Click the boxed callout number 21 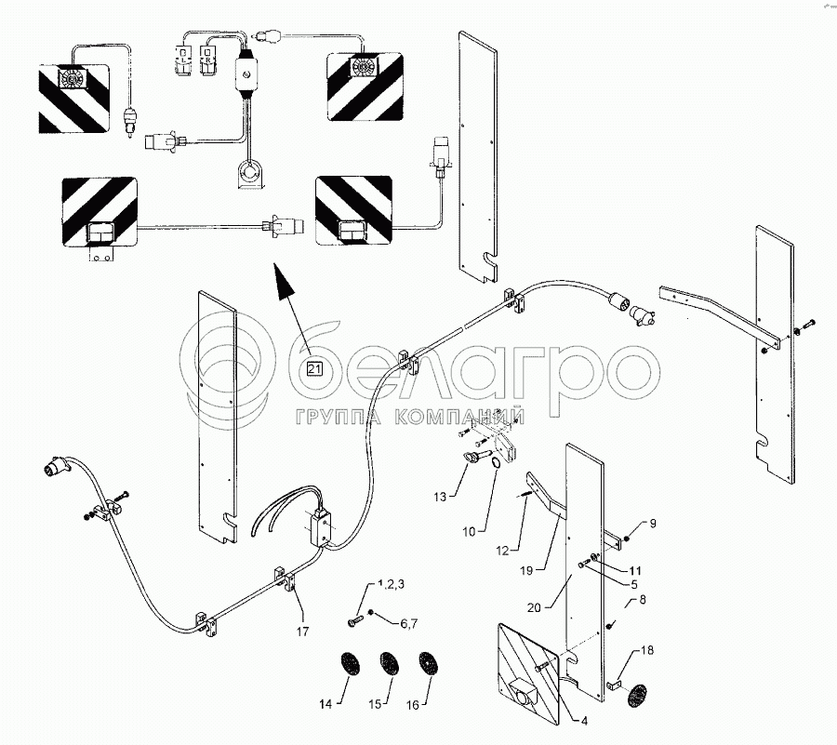pyautogui.click(x=314, y=368)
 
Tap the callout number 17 pyautogui.click(x=302, y=632)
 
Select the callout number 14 pyautogui.click(x=325, y=704)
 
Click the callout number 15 pyautogui.click(x=375, y=704)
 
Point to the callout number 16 pyautogui.click(x=413, y=706)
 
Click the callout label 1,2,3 pyautogui.click(x=391, y=584)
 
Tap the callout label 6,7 pyautogui.click(x=409, y=623)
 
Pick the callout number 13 pyautogui.click(x=440, y=497)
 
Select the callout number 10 pyautogui.click(x=469, y=532)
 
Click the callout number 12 pyautogui.click(x=502, y=551)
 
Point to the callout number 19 pyautogui.click(x=526, y=570)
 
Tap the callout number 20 pyautogui.click(x=534, y=607)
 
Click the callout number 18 pyautogui.click(x=647, y=650)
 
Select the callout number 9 pyautogui.click(x=652, y=524)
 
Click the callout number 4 pyautogui.click(x=584, y=721)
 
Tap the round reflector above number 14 pyautogui.click(x=351, y=664)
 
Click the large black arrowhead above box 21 pyautogui.click(x=284, y=281)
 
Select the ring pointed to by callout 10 pyautogui.click(x=496, y=463)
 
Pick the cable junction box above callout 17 pyautogui.click(x=321, y=528)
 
